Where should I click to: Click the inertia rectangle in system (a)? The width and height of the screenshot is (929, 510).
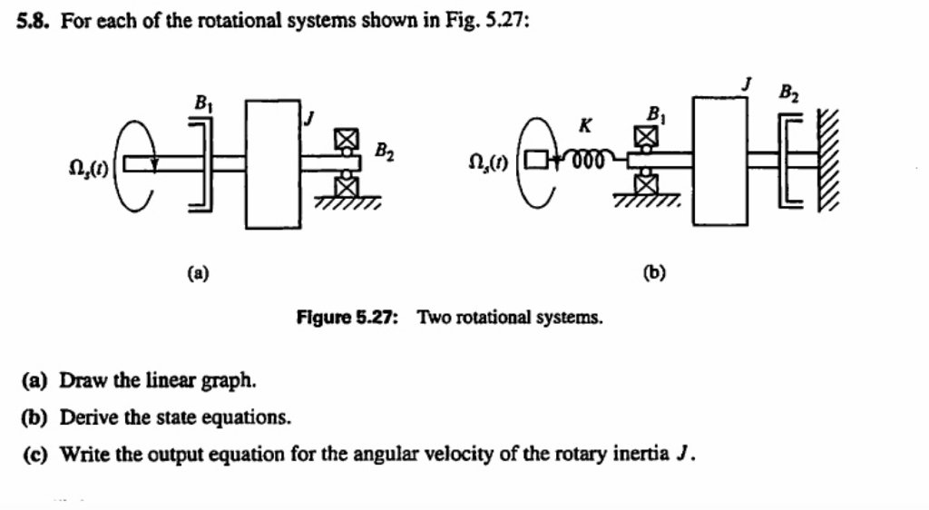point(273,163)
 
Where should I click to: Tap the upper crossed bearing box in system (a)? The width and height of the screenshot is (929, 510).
point(343,139)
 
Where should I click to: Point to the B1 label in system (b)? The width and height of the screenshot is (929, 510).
point(653,113)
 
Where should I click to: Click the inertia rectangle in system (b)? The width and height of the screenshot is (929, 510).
point(720,160)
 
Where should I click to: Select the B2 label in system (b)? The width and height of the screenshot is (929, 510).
point(787,93)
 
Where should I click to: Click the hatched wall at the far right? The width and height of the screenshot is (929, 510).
point(828,160)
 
